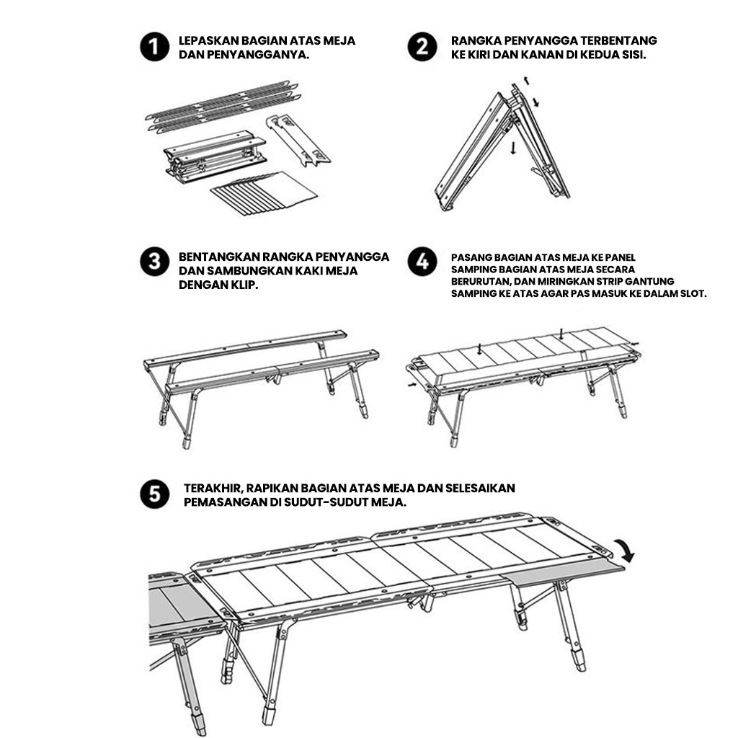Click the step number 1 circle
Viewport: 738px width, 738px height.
(x=154, y=47)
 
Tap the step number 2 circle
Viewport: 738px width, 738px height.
(x=422, y=47)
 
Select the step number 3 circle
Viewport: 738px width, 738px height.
(x=154, y=262)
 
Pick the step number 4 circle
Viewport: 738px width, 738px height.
(x=422, y=262)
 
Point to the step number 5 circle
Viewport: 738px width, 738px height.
(x=154, y=494)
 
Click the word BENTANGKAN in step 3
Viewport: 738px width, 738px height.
(x=218, y=257)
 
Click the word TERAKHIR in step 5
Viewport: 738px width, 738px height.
(x=213, y=488)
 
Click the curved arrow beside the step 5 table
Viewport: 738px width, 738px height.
(x=625, y=550)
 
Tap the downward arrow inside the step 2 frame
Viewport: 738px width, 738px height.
(x=513, y=148)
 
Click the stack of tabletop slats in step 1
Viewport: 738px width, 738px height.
(x=264, y=193)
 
